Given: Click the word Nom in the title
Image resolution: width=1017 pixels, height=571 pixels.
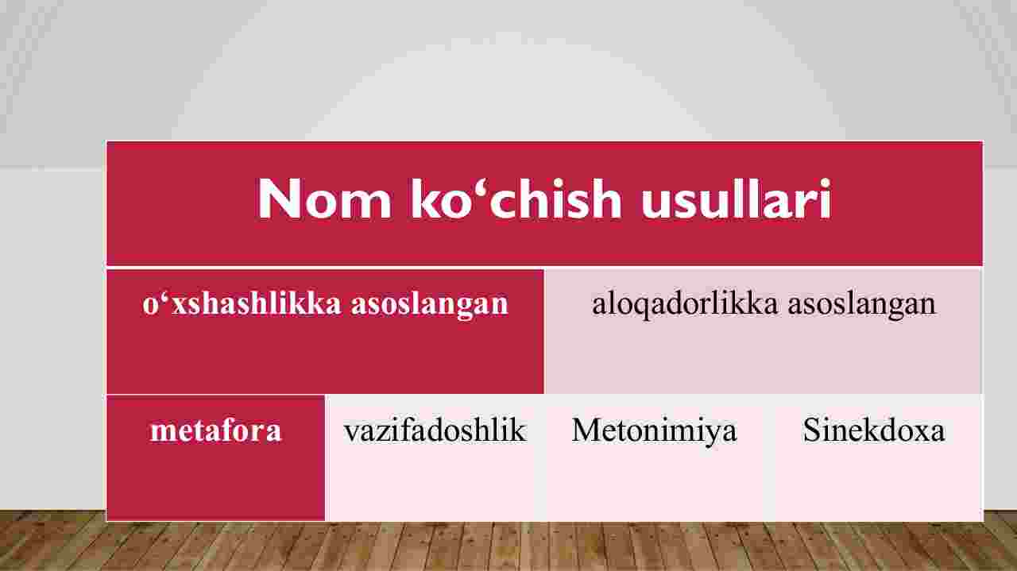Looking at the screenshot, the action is click(324, 199).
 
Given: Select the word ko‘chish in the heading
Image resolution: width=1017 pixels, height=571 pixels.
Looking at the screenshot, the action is click(516, 199).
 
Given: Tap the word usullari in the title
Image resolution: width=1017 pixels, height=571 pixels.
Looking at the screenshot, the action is click(737, 199).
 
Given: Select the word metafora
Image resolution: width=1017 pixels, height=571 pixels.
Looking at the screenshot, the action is click(215, 430).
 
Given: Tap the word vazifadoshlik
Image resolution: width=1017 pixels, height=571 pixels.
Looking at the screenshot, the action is click(435, 430).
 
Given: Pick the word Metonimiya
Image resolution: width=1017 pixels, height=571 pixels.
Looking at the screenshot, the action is click(654, 431).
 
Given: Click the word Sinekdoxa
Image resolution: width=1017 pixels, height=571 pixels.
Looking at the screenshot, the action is click(874, 430).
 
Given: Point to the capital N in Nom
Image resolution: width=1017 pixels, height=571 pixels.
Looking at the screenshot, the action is click(278, 199).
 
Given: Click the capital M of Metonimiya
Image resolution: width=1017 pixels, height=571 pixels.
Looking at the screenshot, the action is click(586, 430).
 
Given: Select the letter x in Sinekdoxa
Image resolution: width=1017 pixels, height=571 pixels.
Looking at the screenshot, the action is click(916, 434).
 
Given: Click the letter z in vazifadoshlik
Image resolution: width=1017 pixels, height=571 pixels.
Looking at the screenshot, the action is click(385, 434).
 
